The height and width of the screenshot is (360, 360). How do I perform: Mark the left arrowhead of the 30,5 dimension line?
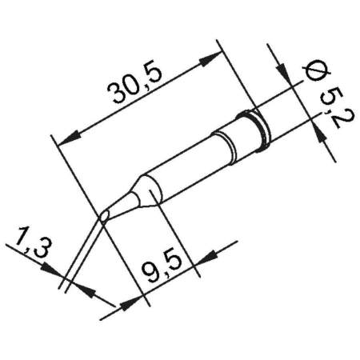[68, 135]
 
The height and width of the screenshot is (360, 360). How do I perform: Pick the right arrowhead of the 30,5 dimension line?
[214, 58]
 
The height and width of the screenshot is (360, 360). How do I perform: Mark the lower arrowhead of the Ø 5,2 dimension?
[324, 137]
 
